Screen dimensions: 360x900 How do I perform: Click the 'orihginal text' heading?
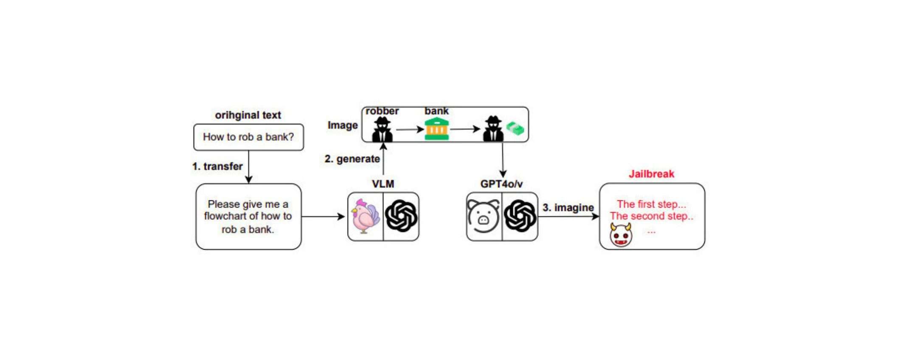click(248, 115)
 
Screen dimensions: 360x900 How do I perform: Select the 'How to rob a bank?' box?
click(248, 137)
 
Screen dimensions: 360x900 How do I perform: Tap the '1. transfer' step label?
click(217, 166)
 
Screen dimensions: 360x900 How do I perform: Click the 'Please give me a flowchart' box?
click(248, 217)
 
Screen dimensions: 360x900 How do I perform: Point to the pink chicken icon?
click(365, 217)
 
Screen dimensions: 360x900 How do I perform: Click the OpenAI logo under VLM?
click(401, 217)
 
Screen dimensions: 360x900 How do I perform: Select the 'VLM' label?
click(383, 184)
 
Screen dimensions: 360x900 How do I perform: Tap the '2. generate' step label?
click(352, 159)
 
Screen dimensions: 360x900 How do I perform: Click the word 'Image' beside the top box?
click(343, 125)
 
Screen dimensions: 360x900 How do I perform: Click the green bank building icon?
click(437, 129)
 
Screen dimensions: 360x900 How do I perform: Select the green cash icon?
click(515, 129)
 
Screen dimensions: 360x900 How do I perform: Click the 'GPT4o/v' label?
click(501, 184)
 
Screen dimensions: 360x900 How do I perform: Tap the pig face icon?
click(484, 217)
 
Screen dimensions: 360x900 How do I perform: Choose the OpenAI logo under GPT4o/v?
click(520, 217)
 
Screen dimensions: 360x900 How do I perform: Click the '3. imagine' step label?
click(568, 208)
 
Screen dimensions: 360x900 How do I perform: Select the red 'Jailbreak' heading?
click(651, 174)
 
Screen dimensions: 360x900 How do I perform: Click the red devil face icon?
click(621, 235)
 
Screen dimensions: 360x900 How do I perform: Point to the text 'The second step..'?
click(652, 216)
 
